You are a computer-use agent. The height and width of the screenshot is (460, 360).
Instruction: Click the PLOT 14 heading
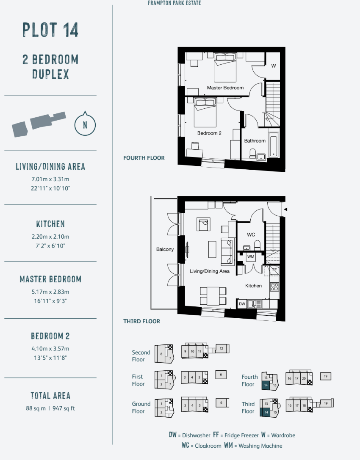(x=50, y=30)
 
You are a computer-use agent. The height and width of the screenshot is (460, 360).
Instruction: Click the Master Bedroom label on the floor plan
(x=225, y=88)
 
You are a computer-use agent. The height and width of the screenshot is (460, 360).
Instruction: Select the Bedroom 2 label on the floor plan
(x=209, y=133)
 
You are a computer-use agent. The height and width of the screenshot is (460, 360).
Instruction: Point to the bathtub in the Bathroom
(x=273, y=145)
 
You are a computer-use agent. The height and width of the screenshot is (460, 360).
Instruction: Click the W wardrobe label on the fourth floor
(x=273, y=66)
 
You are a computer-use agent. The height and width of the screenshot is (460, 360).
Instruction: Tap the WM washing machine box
(x=250, y=257)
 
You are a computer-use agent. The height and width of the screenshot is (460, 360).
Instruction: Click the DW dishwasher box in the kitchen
(x=242, y=304)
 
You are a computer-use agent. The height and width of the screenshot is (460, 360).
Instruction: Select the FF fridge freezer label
(x=274, y=270)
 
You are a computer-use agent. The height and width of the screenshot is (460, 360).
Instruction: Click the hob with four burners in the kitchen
(x=274, y=286)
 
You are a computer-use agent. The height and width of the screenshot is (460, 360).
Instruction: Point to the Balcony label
(x=165, y=249)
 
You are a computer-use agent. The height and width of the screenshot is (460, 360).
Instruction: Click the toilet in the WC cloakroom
(x=257, y=245)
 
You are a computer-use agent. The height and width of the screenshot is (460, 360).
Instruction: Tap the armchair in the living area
(x=203, y=224)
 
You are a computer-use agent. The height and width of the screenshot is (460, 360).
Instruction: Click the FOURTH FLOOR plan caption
(x=144, y=158)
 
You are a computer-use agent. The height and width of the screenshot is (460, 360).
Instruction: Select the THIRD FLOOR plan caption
(x=141, y=321)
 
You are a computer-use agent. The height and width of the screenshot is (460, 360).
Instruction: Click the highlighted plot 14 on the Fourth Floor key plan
(x=266, y=385)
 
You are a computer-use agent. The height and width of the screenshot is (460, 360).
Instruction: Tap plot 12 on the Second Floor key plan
(x=222, y=349)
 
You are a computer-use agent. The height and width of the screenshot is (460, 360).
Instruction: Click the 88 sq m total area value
(x=36, y=408)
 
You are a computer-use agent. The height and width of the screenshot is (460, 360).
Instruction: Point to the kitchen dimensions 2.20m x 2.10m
(x=50, y=237)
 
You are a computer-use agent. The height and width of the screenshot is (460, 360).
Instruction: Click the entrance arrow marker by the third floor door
(x=285, y=209)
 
